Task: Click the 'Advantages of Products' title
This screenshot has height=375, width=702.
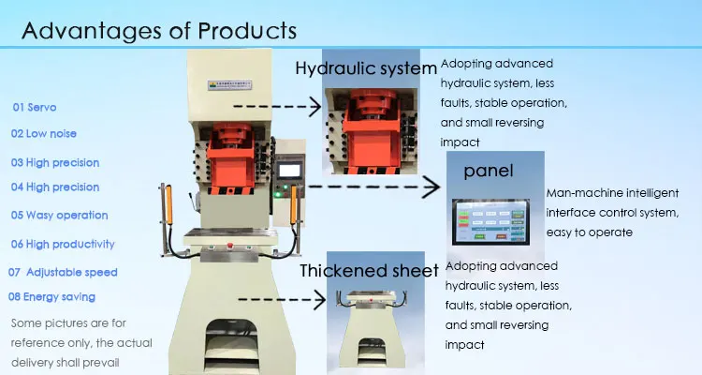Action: pyautogui.click(x=159, y=30)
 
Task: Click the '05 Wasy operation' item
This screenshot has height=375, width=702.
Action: pyautogui.click(x=59, y=215)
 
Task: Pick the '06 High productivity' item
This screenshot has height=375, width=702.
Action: pyautogui.click(x=63, y=244)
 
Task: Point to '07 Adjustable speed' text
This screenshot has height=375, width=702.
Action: pyautogui.click(x=63, y=272)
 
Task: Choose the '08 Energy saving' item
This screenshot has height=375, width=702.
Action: pyautogui.click(x=51, y=297)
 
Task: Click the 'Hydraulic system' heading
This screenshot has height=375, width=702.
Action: pyautogui.click(x=366, y=68)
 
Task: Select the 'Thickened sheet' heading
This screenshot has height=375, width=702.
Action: pyautogui.click(x=369, y=272)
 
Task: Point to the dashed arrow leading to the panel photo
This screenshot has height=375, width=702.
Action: pyautogui.click(x=374, y=187)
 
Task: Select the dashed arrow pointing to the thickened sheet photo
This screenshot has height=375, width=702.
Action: pyautogui.click(x=281, y=299)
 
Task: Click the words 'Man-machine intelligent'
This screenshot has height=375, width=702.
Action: pyautogui.click(x=611, y=194)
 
